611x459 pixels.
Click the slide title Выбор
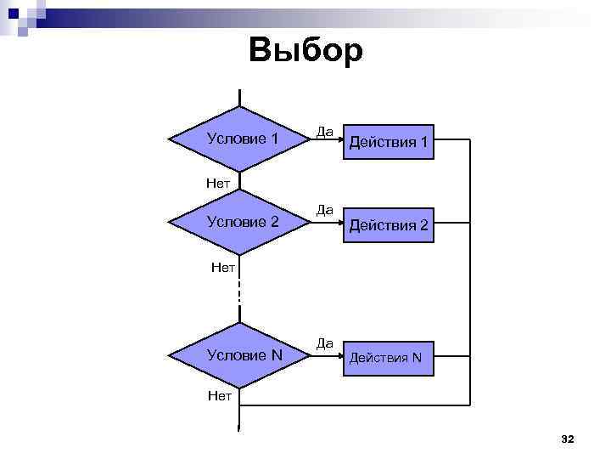(305, 51)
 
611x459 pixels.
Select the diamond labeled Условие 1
(240, 139)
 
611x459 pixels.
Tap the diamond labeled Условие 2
(240, 222)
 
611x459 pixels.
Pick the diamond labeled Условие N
(240, 354)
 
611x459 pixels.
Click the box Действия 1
(388, 142)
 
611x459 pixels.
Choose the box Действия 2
(388, 226)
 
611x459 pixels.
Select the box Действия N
(388, 357)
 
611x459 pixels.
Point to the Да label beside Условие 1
(324, 132)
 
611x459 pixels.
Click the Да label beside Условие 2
(324, 209)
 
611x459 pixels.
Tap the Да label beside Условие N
(324, 343)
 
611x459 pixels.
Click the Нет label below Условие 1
(219, 181)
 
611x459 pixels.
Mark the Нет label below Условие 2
(222, 269)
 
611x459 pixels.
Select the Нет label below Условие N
(219, 395)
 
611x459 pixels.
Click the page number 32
(568, 439)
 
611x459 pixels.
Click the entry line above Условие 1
(240, 97)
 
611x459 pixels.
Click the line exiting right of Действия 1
(450, 139)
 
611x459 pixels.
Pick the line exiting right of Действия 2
(450, 222)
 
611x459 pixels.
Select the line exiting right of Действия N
(450, 354)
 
